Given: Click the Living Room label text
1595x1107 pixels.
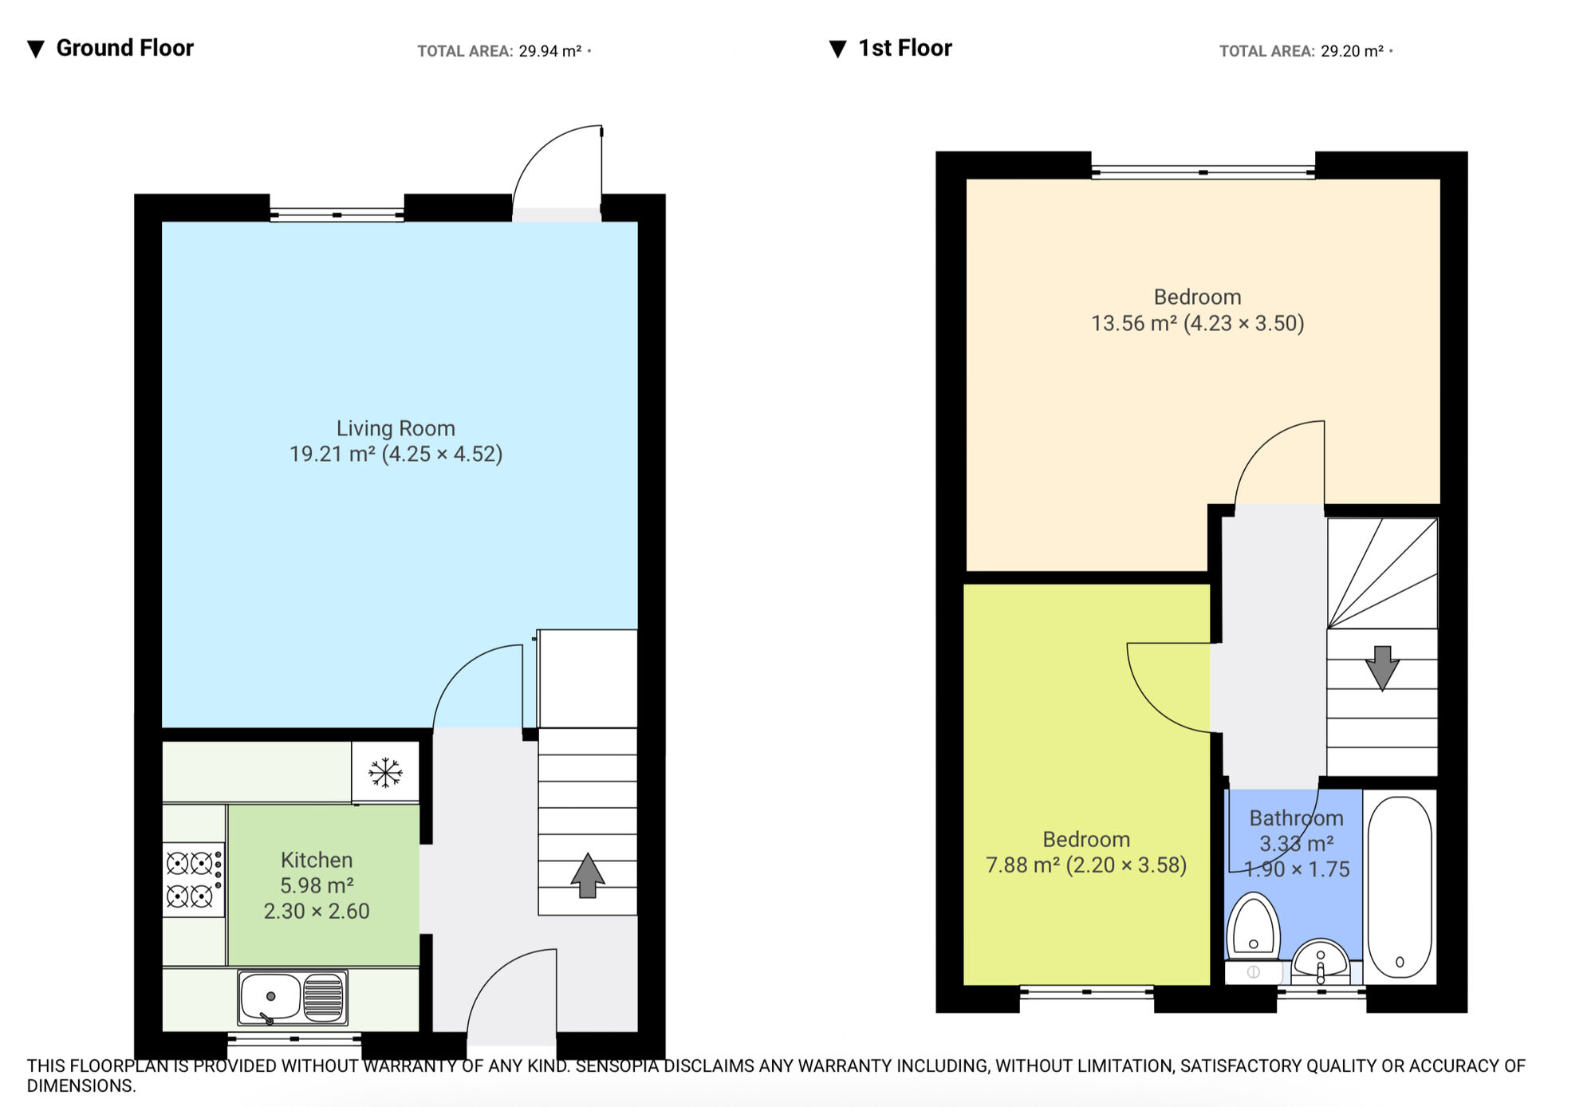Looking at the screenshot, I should click(396, 428).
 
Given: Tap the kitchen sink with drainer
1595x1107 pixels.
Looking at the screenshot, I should click(293, 997).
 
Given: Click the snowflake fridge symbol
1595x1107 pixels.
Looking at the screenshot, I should click(385, 772).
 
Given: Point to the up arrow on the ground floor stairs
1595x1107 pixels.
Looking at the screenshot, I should click(588, 875).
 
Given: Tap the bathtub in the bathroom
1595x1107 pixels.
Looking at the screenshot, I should click(1400, 886).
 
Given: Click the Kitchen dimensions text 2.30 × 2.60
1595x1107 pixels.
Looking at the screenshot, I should click(317, 911).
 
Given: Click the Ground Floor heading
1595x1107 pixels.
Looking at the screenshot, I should click(124, 48).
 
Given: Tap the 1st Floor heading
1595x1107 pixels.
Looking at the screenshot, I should click(904, 48).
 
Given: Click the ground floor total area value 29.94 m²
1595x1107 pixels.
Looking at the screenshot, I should click(549, 52).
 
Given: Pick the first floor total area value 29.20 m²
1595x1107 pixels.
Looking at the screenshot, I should click(1352, 52).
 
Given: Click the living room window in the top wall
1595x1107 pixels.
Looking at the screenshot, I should click(337, 215).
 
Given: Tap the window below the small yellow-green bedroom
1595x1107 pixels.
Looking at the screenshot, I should click(1086, 992).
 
